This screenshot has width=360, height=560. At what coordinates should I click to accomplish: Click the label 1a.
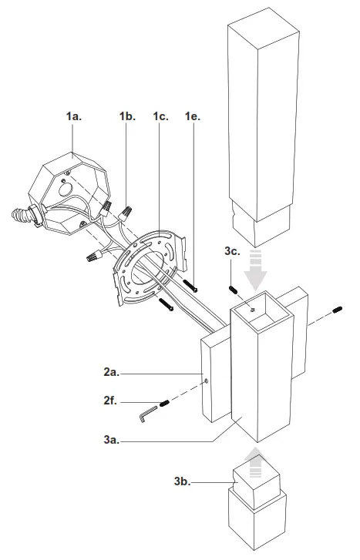75,116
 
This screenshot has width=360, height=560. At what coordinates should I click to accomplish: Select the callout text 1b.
127,116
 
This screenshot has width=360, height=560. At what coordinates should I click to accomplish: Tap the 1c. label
161,116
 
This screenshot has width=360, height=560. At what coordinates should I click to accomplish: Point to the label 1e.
193,116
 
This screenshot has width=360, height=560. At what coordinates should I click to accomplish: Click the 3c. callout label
234,251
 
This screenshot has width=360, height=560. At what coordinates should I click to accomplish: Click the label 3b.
183,481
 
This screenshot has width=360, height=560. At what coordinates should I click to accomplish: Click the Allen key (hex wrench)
147,415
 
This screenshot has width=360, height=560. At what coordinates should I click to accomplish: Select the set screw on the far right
337,310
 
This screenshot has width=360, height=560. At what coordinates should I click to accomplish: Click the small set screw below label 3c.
232,290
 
